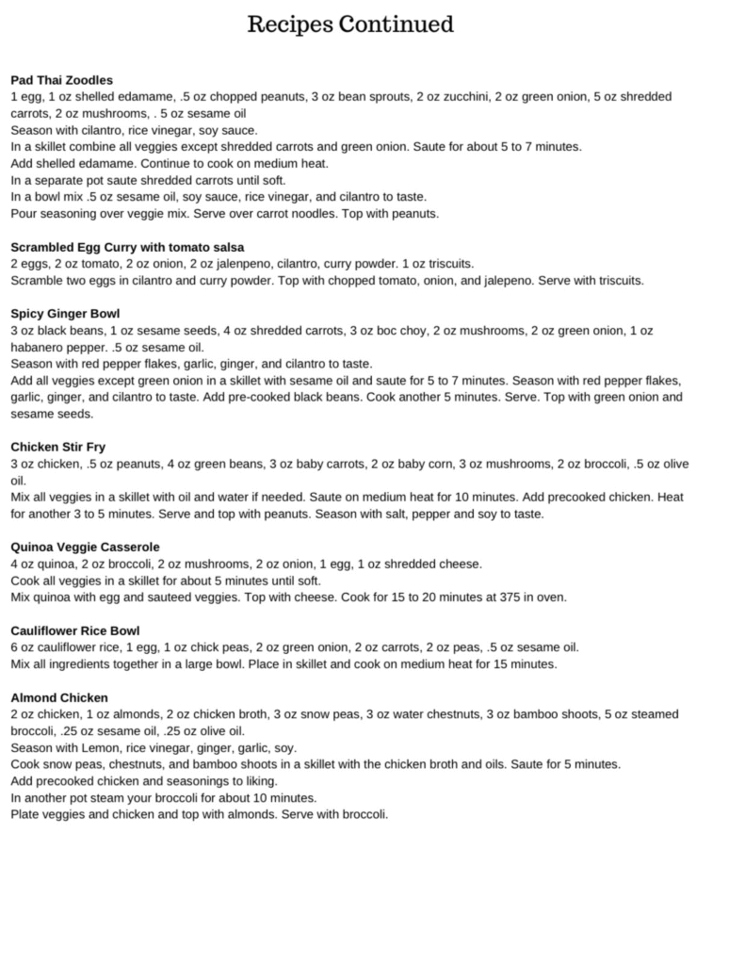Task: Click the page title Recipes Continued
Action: pos(350,25)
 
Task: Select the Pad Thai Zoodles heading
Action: pos(61,80)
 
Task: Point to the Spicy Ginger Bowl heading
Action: pos(65,314)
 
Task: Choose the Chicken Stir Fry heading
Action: pos(58,447)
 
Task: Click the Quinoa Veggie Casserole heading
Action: pos(85,547)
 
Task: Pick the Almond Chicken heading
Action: pos(59,697)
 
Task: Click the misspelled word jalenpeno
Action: pos(267,264)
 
